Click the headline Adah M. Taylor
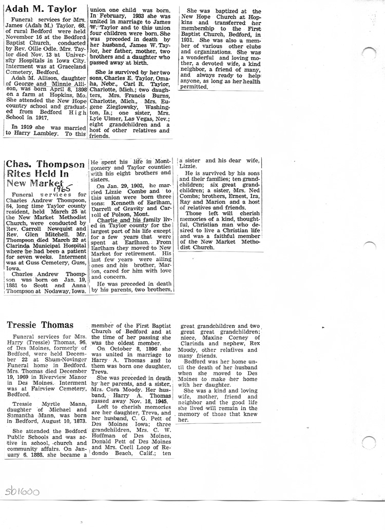tap(41, 9)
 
